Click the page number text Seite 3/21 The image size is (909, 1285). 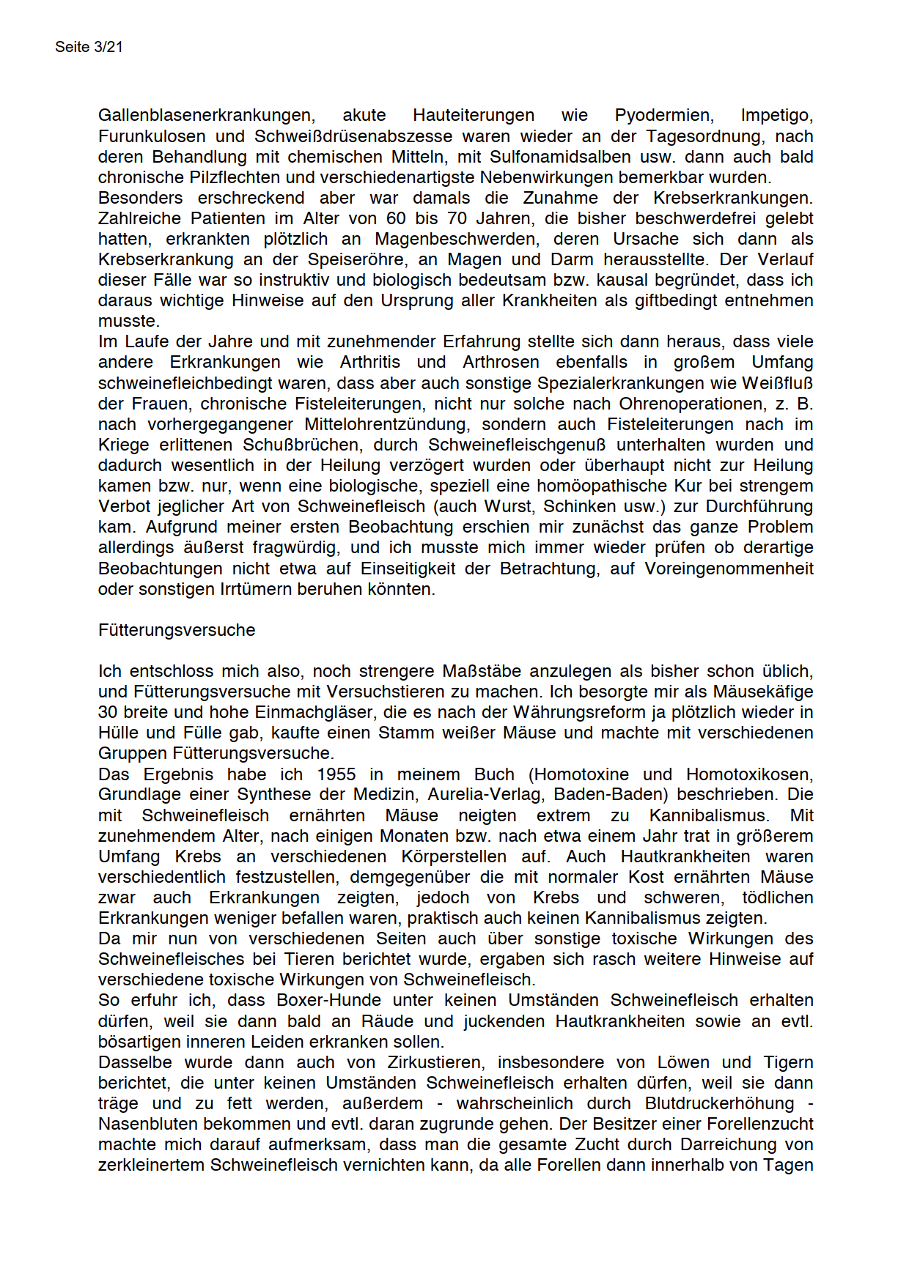[89, 47]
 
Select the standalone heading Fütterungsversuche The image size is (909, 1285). [177, 630]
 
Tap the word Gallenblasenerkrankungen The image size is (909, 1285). [207, 115]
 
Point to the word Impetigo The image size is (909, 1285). [776, 115]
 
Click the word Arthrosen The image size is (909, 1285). [501, 362]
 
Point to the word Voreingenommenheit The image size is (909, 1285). [729, 569]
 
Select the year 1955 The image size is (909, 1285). [336, 774]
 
